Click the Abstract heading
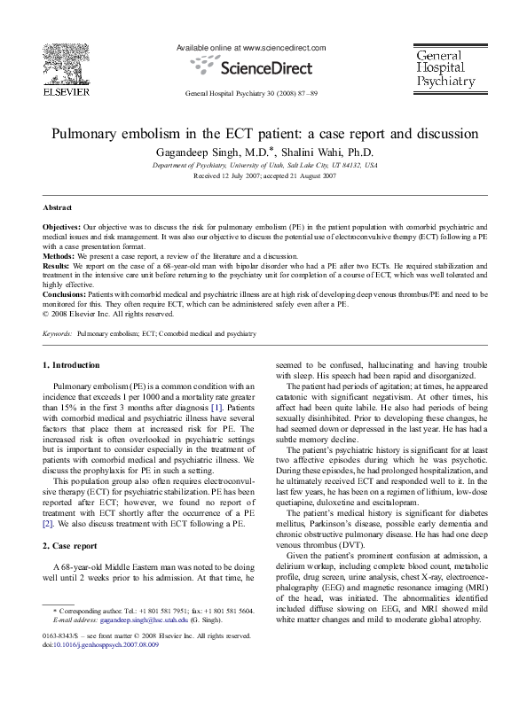[59, 207]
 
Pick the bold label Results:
[58, 264]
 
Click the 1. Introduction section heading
[72, 365]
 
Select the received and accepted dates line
[263, 175]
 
